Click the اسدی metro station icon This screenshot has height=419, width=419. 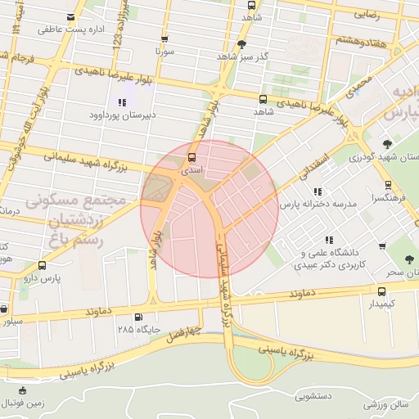coord(192,156)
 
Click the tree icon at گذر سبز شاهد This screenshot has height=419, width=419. coord(241,44)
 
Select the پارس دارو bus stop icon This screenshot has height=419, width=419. coord(42,265)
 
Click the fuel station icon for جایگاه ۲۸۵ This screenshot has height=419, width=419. coord(137,318)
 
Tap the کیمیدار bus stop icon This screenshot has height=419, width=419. coord(382,291)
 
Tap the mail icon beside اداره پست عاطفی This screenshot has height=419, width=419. coord(72,17)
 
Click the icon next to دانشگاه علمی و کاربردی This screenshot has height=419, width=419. coord(329,240)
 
